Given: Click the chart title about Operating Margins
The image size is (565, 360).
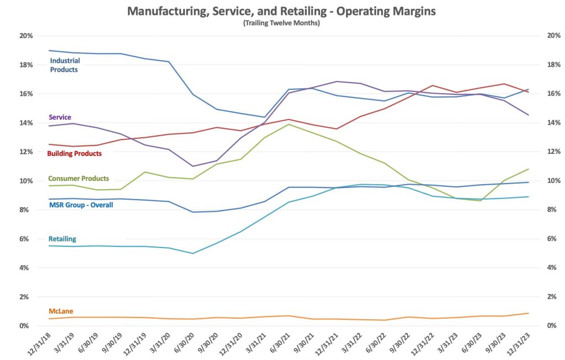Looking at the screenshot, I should [x=281, y=10].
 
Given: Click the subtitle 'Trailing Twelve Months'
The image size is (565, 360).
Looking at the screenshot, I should [x=281, y=23].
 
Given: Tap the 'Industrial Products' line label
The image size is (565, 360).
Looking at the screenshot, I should [x=65, y=65].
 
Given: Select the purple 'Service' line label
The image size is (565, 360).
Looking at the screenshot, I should [x=60, y=117].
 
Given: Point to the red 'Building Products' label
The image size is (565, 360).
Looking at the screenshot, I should [x=75, y=153].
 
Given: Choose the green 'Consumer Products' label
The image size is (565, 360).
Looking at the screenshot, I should [x=78, y=179].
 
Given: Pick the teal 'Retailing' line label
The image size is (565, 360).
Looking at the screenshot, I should [x=62, y=239].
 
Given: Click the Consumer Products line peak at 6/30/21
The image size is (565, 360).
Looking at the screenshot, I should [x=288, y=124].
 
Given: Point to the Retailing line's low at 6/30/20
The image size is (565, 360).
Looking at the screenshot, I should [x=193, y=254].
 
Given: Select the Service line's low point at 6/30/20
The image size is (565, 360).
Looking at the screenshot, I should [x=193, y=166].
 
